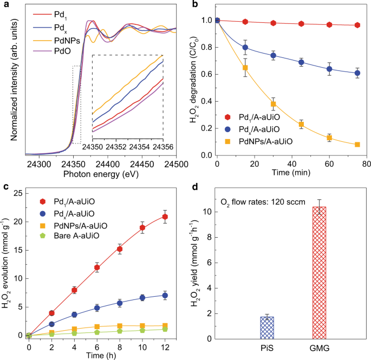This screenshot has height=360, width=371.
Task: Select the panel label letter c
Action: (x=5, y=187)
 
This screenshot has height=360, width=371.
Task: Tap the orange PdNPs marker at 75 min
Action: (x=357, y=145)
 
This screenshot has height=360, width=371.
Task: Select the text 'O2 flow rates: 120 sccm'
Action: (x=259, y=202)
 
